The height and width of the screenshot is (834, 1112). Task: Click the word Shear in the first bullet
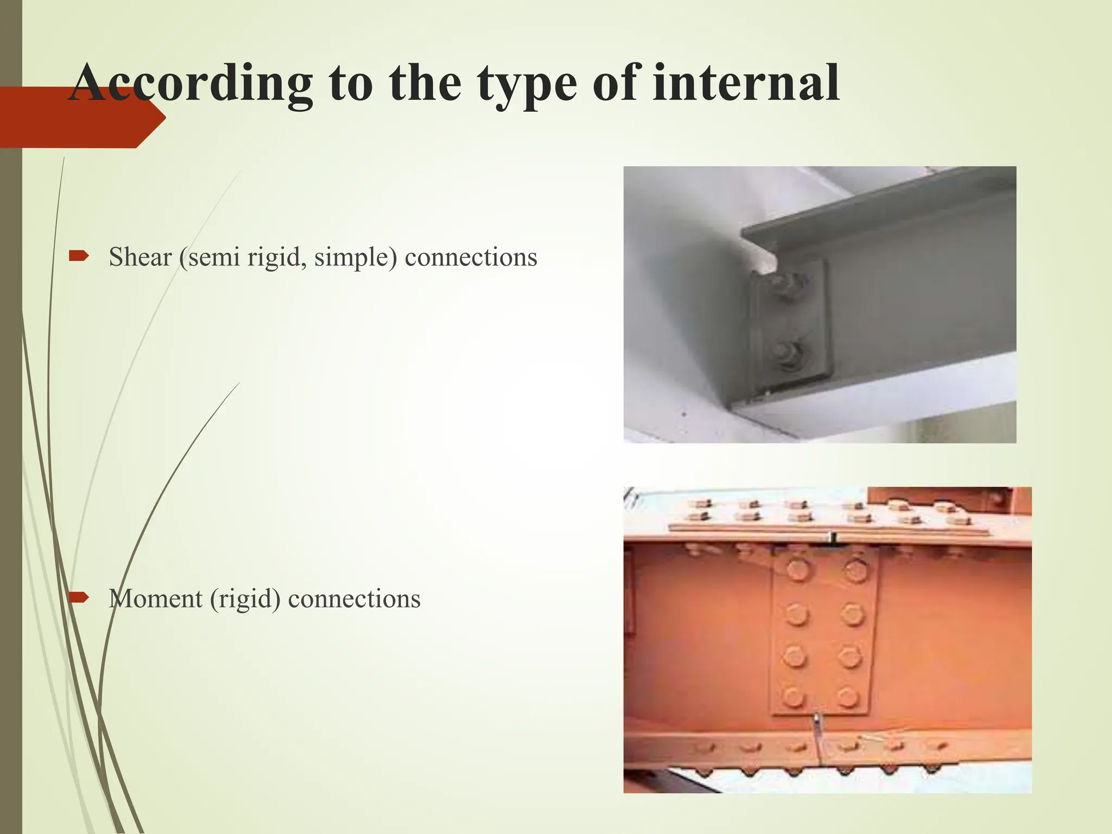[140, 257]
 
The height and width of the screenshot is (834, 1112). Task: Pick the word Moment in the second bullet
[155, 598]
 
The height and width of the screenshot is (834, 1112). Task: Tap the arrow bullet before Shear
[79, 256]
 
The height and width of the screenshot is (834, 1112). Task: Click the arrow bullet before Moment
[79, 598]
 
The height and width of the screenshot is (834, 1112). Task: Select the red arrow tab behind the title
[81, 117]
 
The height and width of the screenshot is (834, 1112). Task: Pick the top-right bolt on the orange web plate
[857, 570]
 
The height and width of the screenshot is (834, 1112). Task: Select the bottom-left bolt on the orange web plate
[794, 697]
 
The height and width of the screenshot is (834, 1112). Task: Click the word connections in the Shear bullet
[471, 257]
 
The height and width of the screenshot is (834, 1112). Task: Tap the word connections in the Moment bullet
[354, 598]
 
